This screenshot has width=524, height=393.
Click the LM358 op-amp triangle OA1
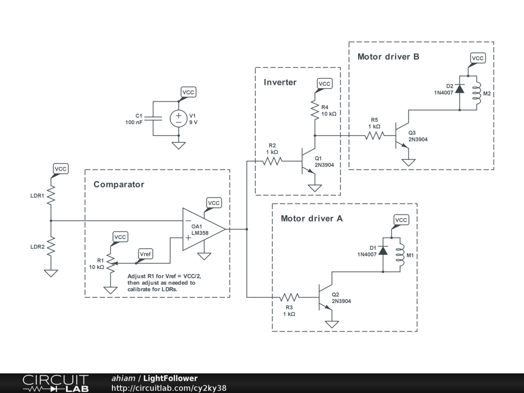pos(202,229)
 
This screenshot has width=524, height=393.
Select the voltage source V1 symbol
pos(179,119)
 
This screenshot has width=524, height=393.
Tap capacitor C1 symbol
pos(154,119)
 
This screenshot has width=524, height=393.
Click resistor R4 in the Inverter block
pos(315,111)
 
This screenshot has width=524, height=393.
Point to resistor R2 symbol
pos(272,161)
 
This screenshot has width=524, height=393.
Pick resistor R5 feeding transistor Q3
pos(374,136)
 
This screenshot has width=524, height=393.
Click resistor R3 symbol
pos(289,297)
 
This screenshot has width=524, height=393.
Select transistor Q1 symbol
pos(309,161)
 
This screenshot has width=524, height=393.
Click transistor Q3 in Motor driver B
pos(402,136)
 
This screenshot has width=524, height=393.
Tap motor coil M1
pos(400,254)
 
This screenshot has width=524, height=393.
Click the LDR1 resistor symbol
pos(51,196)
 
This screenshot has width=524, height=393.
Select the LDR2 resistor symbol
pos(51,247)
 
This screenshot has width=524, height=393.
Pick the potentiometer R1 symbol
pos(110,263)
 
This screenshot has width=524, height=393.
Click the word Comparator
pos(119,185)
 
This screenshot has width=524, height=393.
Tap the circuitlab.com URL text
pos(169,388)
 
